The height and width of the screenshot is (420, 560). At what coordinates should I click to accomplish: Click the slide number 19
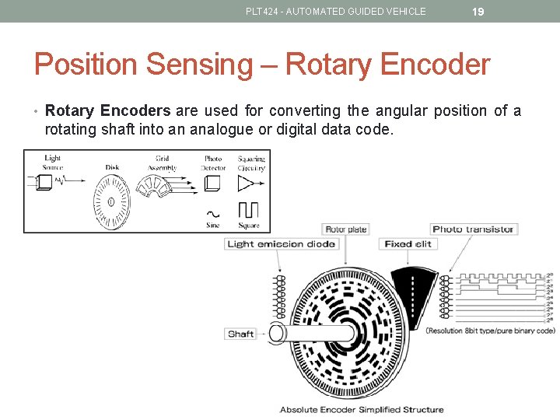pyautogui.click(x=478, y=12)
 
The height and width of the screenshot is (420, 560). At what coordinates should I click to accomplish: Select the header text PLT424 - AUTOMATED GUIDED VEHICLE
pyautogui.click(x=335, y=12)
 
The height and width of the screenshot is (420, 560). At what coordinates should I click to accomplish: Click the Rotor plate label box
pyautogui.click(x=346, y=229)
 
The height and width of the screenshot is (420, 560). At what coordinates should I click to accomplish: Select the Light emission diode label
pyautogui.click(x=281, y=243)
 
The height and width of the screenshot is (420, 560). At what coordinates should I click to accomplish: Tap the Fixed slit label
pyautogui.click(x=407, y=243)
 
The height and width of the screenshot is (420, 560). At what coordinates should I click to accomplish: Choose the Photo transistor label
pyautogui.click(x=474, y=229)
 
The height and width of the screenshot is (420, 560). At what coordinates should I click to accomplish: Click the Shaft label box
pyautogui.click(x=240, y=334)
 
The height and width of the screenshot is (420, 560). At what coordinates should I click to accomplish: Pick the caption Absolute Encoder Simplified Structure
pyautogui.click(x=362, y=409)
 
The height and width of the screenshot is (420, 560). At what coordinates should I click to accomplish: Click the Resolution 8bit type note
pyautogui.click(x=490, y=331)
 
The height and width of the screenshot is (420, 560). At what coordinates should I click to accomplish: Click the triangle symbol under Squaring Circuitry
pyautogui.click(x=246, y=184)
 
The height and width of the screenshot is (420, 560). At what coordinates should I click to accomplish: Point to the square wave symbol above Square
pyautogui.click(x=248, y=210)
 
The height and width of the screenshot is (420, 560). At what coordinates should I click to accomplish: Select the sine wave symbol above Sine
pyautogui.click(x=212, y=213)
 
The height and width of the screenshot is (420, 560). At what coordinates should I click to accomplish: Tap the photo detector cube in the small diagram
pyautogui.click(x=212, y=184)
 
